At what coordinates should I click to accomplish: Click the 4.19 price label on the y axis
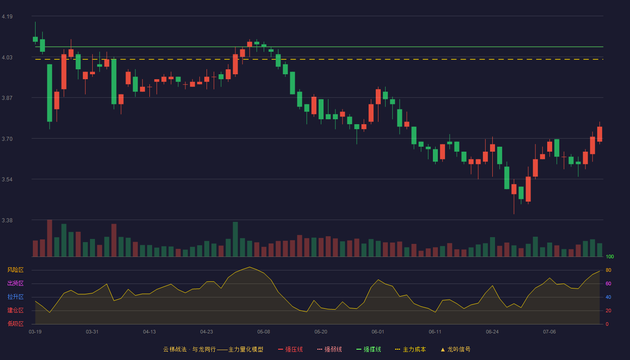tap(7, 17)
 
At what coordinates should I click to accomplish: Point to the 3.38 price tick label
tap(7, 220)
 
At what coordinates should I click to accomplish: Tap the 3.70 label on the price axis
tap(7, 139)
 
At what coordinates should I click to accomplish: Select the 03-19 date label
tap(35, 332)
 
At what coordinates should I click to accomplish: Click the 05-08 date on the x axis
tap(264, 332)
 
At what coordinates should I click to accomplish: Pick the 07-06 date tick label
tap(549, 332)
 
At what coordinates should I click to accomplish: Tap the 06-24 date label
tap(492, 332)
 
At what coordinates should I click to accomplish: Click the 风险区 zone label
tap(15, 270)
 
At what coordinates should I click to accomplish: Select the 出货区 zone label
tap(15, 283)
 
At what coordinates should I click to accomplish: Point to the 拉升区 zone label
tap(15, 297)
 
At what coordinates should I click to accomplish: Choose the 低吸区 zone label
tap(15, 324)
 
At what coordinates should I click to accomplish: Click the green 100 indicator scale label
tap(610, 256)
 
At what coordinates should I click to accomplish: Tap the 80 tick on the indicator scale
tap(608, 270)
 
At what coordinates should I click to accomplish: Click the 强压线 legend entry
tap(290, 349)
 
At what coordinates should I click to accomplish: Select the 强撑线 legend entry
tap(369, 349)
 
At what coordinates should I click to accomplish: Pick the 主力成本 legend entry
tap(410, 349)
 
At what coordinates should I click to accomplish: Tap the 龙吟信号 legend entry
tap(455, 349)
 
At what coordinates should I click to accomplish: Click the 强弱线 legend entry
tap(329, 349)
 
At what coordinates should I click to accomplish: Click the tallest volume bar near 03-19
tap(49, 238)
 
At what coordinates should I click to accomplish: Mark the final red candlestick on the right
tap(599, 134)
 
